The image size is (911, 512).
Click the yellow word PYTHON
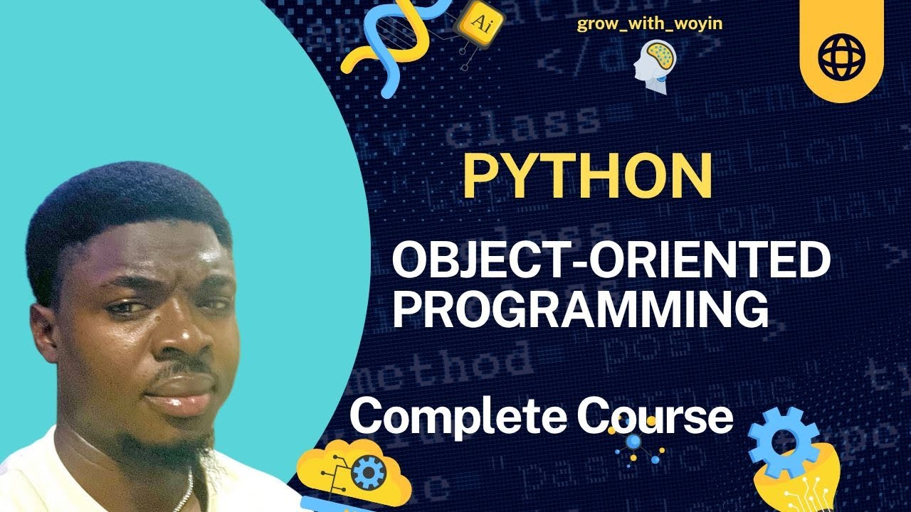tap(587, 176)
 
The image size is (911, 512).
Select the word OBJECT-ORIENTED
tap(611, 262)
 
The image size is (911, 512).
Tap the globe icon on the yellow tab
tap(841, 54)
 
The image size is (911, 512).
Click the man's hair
tap(128, 206)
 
